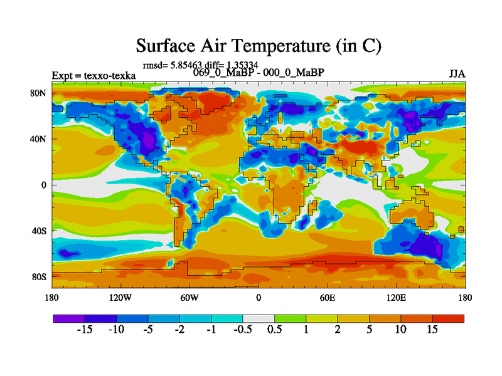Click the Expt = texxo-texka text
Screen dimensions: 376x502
(93, 76)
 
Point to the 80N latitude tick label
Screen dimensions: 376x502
(38, 93)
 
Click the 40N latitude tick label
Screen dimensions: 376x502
(38, 139)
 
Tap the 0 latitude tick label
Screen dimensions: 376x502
(44, 185)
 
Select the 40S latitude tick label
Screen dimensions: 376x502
(39, 231)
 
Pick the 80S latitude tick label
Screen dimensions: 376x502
(39, 276)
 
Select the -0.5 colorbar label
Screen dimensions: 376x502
(242, 330)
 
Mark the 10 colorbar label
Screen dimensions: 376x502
(400, 330)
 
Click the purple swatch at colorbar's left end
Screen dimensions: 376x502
(69, 318)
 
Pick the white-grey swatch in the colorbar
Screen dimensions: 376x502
(259, 318)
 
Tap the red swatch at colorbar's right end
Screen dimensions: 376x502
(448, 318)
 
